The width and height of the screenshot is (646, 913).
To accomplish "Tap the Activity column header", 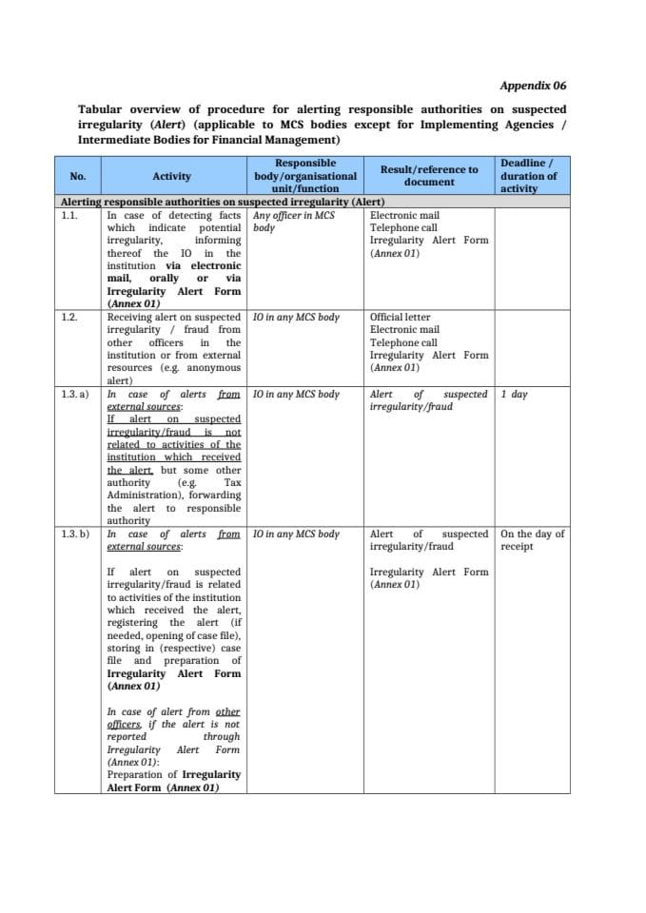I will [x=171, y=176].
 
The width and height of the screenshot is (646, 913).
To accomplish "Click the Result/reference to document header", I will [x=428, y=175].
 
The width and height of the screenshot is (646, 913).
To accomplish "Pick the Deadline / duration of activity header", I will [x=529, y=176].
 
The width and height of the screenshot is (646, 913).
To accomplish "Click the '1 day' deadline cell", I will [x=514, y=394].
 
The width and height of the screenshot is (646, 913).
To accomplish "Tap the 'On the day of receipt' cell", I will [x=532, y=540].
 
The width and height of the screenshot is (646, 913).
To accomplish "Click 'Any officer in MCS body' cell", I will [x=293, y=222].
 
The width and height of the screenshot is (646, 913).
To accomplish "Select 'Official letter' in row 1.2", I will [x=400, y=318].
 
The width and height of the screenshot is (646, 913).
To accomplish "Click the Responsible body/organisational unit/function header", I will [x=304, y=176].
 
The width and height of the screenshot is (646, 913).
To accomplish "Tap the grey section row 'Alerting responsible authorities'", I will [x=222, y=203].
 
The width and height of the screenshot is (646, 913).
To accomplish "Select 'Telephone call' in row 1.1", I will [x=403, y=228].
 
